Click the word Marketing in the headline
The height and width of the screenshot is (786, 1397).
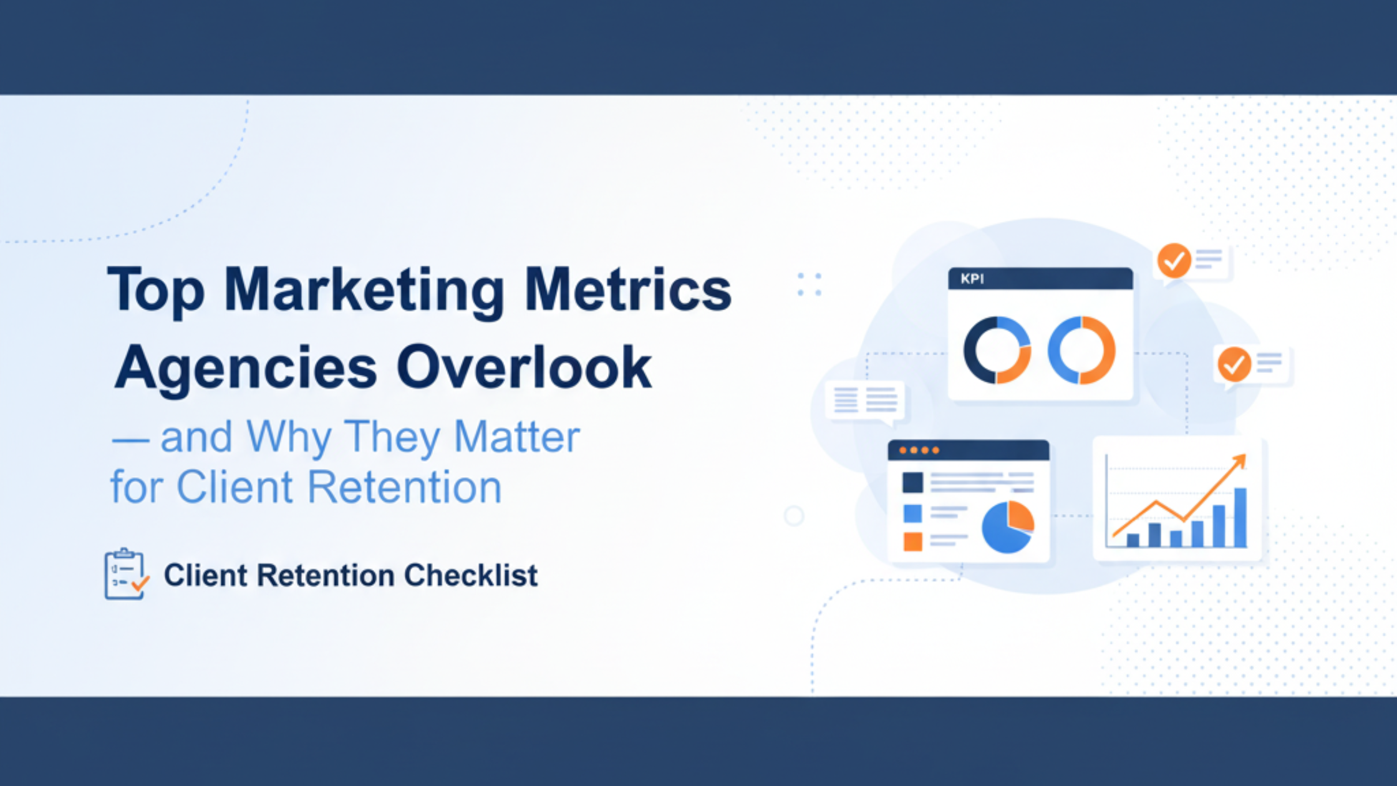(364, 291)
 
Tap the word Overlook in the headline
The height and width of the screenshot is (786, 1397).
(524, 368)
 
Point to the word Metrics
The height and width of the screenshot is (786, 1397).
(628, 289)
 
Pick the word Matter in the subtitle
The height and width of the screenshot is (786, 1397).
(517, 437)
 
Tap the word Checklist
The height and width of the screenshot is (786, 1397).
(471, 575)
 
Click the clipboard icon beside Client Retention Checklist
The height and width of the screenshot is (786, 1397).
(125, 574)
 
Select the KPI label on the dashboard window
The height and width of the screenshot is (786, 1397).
(972, 279)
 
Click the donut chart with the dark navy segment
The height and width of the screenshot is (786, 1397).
(997, 350)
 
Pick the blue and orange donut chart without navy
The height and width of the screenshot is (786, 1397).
(1081, 350)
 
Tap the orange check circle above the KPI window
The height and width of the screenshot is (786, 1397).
(1174, 261)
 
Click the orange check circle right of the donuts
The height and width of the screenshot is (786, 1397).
(1234, 364)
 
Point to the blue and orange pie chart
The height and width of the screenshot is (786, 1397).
(1008, 527)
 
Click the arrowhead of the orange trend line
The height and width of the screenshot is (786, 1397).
(1240, 461)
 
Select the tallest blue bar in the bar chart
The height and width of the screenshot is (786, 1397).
(1240, 517)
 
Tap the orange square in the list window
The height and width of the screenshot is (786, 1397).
(912, 541)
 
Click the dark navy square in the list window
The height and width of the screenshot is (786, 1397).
(912, 482)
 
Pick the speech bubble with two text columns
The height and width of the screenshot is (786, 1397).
(864, 400)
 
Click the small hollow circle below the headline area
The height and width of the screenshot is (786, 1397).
(794, 516)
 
